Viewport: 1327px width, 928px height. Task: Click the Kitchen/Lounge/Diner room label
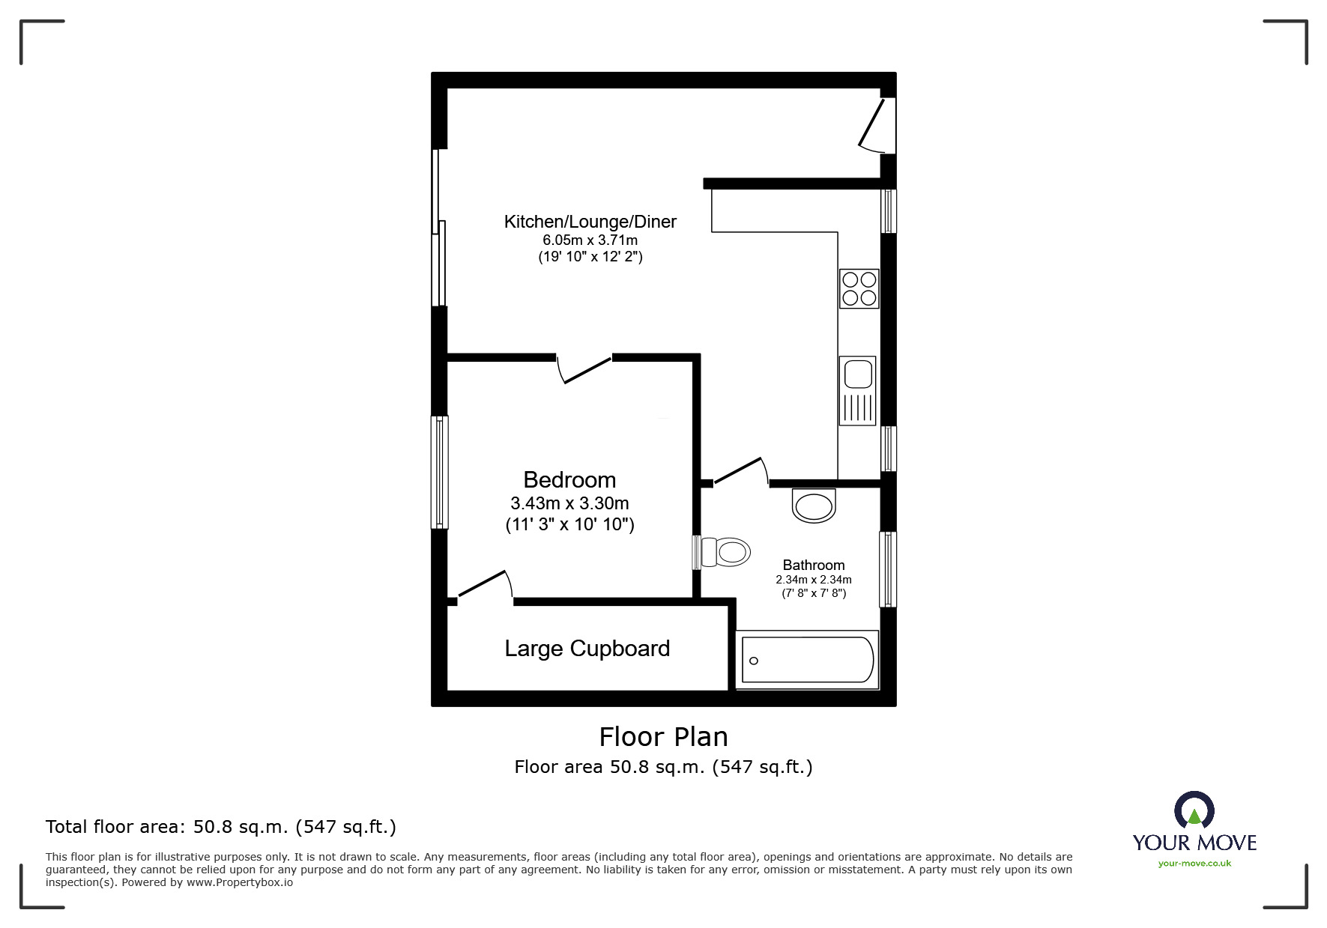[590, 222]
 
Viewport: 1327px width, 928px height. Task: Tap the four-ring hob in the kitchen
[859, 288]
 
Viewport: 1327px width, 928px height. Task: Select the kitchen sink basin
[856, 373]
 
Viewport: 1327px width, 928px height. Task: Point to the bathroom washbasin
[814, 506]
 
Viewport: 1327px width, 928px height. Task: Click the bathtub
[808, 660]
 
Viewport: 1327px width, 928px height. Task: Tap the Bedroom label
[569, 479]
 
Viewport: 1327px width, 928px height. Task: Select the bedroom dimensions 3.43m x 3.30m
[569, 503]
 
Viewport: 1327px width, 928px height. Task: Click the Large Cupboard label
[587, 649]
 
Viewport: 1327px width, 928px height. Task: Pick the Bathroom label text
[813, 565]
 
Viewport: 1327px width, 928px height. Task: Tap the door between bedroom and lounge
[586, 369]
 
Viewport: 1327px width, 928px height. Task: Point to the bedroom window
[440, 472]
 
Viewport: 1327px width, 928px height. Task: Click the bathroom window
[887, 569]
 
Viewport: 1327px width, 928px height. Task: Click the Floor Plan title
[663, 737]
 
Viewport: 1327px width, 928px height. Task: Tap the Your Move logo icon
[1194, 812]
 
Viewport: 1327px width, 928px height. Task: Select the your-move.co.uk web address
[1194, 864]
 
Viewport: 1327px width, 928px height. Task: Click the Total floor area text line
[221, 827]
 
